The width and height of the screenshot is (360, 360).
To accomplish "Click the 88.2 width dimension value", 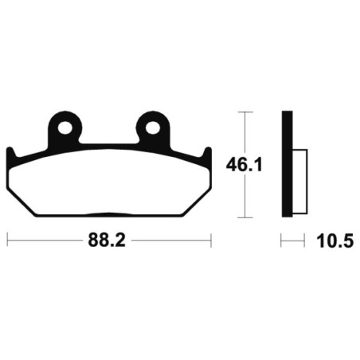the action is tap(107, 240).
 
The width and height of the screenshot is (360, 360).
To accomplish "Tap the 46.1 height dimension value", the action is tap(244, 165).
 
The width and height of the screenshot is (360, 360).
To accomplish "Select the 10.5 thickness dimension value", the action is tap(335, 241).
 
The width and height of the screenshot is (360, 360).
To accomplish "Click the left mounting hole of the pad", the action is tap(65, 128).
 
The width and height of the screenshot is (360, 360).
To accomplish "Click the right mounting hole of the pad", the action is tap(152, 128).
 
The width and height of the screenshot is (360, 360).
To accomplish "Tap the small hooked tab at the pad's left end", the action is tap(10, 154).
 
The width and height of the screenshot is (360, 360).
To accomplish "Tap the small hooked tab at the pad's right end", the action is tap(207, 154).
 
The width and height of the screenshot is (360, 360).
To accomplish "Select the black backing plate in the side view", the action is tap(287, 164).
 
